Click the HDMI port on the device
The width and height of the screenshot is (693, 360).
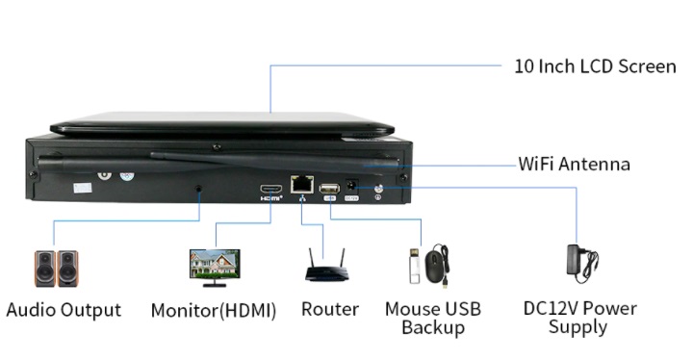point(270,189)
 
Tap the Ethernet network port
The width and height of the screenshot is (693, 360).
point(302,184)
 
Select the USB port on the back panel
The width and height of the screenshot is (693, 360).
point(330,189)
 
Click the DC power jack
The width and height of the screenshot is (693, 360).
point(351,186)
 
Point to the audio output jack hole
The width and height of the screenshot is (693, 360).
point(199,189)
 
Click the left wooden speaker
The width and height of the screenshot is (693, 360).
point(45,269)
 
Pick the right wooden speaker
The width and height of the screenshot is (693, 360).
point(68,269)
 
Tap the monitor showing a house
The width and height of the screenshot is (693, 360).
point(215,268)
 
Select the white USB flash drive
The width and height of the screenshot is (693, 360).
point(415,266)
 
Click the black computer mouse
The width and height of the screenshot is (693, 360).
point(436,266)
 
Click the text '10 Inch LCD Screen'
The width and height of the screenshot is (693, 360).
point(595,66)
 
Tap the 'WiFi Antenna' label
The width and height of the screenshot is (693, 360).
point(574,164)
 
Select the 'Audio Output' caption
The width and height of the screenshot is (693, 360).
point(64,310)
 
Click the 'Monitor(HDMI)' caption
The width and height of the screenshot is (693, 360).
point(214,311)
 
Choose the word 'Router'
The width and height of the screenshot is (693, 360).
point(330,309)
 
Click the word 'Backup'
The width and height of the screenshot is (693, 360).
point(433,327)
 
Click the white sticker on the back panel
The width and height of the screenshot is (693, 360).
point(82,188)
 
